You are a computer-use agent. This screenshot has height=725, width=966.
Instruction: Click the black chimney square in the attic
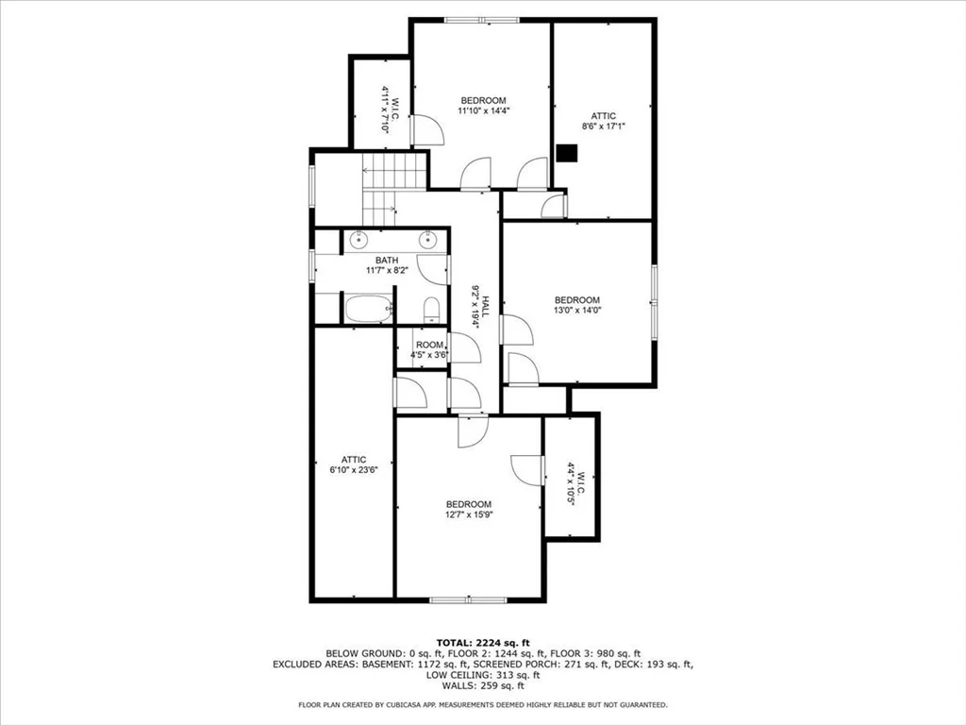tap(567, 153)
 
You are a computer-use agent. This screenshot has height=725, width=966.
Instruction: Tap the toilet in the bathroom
tap(432, 310)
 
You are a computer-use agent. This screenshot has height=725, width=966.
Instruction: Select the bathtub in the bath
tap(369, 309)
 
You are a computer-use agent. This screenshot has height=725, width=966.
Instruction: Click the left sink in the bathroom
tap(358, 238)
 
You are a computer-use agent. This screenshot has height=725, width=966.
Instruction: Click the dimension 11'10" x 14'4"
tap(484, 111)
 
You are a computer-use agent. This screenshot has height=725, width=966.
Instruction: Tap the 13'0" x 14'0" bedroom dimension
tap(577, 310)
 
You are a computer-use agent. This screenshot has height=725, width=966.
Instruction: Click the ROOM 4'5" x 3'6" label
tap(429, 350)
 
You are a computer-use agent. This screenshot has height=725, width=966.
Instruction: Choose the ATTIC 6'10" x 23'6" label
tap(354, 464)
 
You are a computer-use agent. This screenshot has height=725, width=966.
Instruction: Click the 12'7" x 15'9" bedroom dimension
tap(470, 514)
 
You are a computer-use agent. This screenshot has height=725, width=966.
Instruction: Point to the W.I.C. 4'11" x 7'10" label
tap(390, 110)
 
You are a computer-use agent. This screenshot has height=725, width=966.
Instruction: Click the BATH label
tap(387, 261)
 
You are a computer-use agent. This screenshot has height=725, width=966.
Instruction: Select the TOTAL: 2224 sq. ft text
tap(483, 643)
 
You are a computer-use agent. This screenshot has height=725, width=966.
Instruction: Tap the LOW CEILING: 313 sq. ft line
tap(483, 675)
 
